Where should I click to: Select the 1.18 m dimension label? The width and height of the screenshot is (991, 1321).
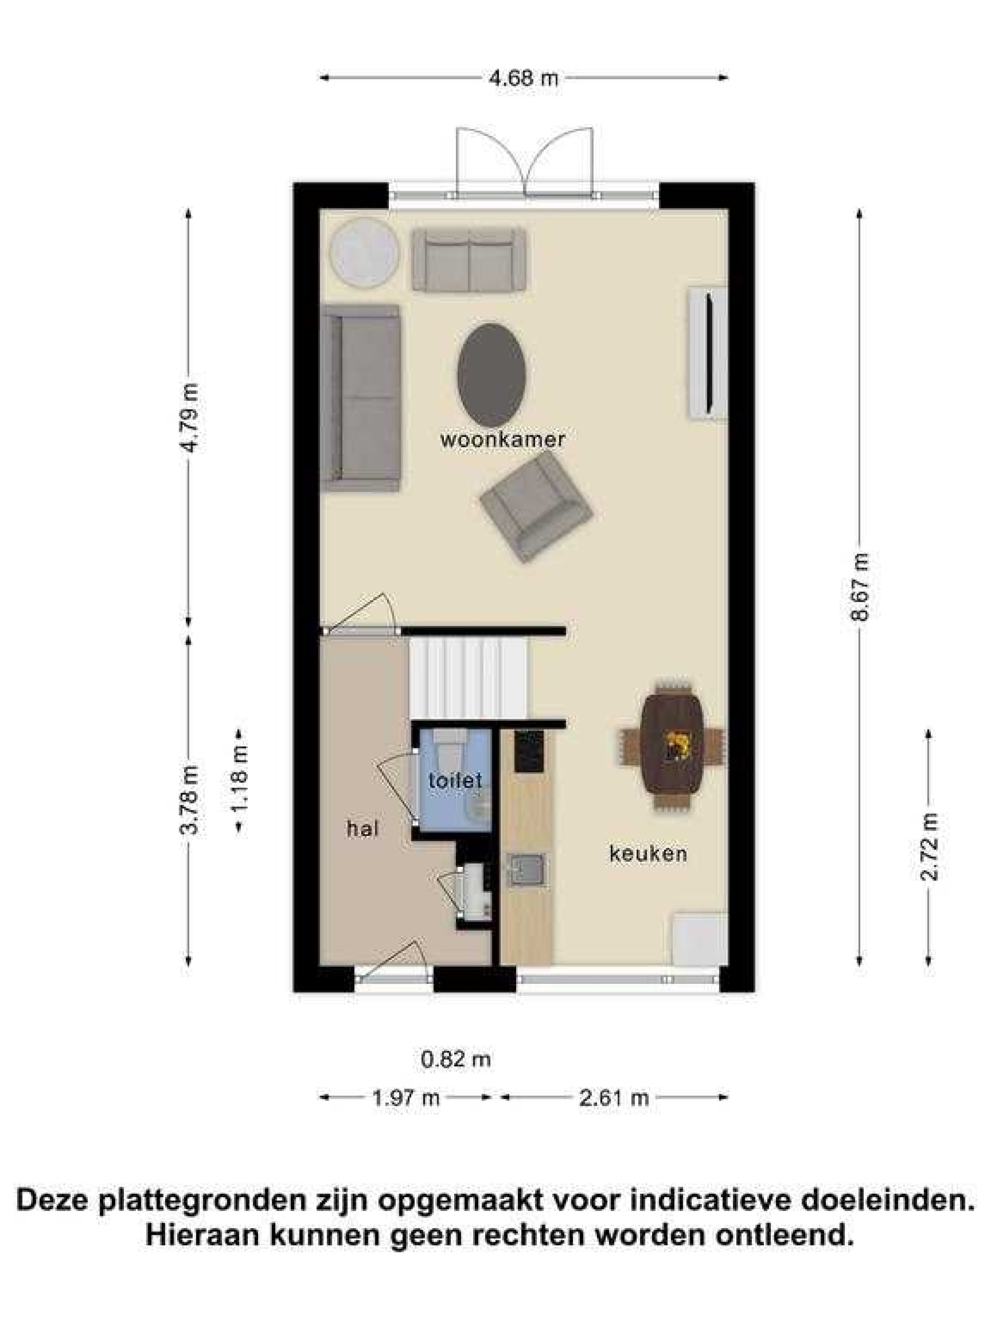pos(239,780)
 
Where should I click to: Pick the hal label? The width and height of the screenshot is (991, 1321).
pos(362,829)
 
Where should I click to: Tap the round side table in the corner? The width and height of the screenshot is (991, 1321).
pos(364,253)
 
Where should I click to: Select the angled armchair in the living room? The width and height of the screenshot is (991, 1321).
pos(536,507)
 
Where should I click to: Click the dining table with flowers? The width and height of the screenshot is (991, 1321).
pos(671,743)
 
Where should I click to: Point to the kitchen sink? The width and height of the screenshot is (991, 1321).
pos(525,869)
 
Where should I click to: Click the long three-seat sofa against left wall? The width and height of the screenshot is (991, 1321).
pos(360,398)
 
